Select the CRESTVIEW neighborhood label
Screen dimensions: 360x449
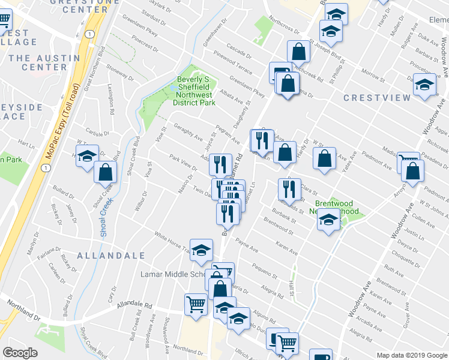(377, 97)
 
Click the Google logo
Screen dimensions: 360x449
(20, 353)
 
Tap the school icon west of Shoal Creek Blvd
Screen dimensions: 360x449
(87, 156)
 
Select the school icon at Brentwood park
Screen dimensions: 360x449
(328, 220)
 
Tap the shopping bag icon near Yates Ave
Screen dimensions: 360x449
(325, 159)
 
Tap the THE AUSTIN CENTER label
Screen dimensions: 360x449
(44, 62)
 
